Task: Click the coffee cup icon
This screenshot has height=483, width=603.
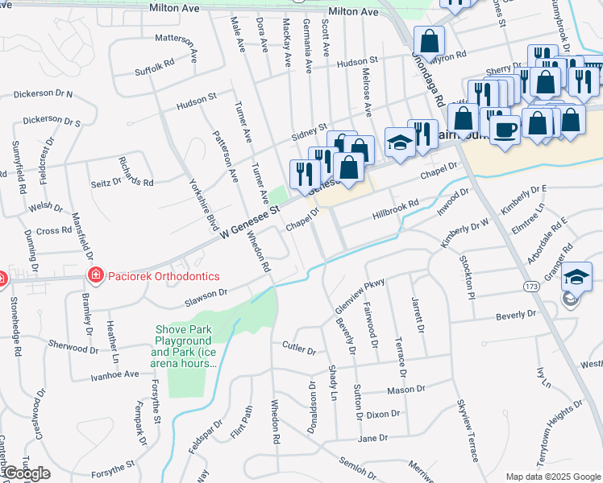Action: point(505,130)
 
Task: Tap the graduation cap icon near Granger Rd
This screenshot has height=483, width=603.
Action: point(576,277)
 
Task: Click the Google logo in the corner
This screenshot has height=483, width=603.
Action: point(27,473)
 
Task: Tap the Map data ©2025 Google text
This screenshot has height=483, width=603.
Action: point(552,477)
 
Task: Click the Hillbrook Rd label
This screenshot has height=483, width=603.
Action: point(395,211)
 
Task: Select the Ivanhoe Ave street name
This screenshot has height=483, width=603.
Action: point(114,374)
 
